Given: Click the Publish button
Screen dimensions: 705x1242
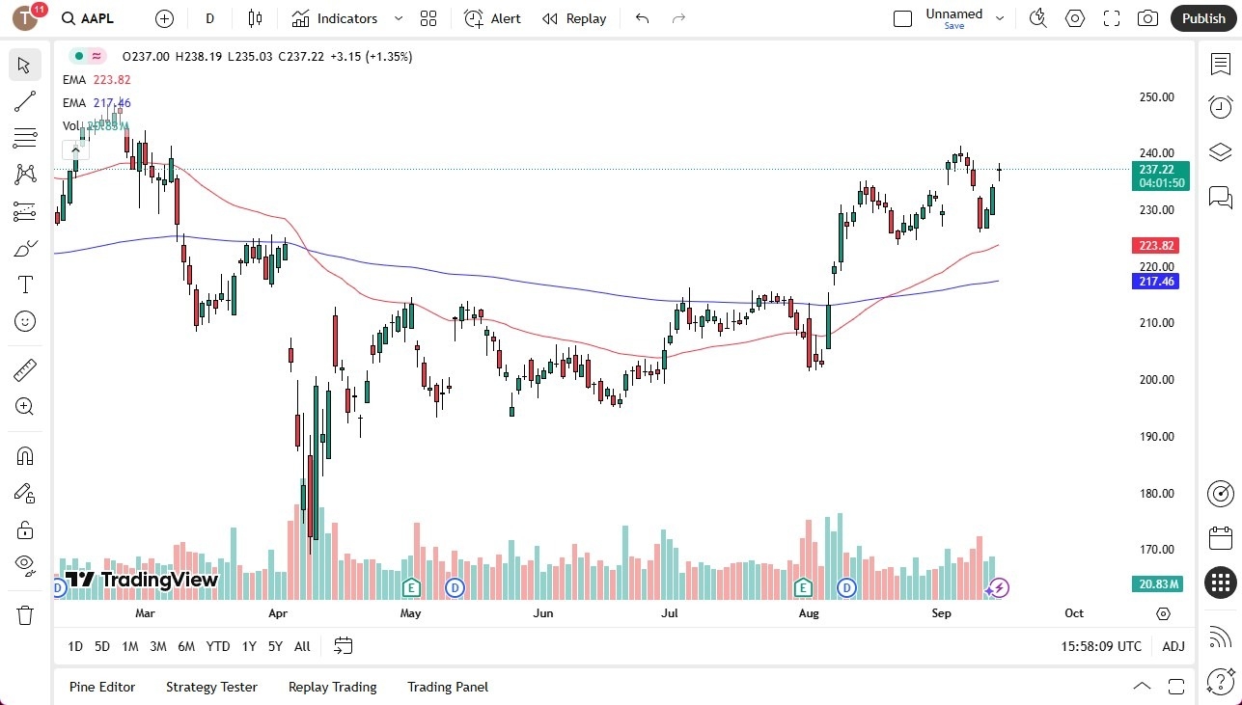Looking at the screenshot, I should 1202,18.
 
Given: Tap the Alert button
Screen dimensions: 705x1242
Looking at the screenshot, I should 492,18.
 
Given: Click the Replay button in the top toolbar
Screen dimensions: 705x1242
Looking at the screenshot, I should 574,18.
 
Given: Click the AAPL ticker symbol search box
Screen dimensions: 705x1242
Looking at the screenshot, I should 97,18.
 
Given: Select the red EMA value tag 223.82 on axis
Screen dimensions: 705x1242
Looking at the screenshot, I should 1157,246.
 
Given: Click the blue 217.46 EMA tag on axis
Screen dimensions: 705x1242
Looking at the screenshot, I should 1157,282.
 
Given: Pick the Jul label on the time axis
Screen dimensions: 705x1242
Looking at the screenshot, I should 668,613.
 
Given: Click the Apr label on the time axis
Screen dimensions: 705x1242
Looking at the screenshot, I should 278,613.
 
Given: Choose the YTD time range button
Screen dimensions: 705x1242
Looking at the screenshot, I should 218,646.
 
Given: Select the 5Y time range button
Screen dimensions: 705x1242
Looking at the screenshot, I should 275,646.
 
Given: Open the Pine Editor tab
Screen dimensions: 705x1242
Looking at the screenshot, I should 102,687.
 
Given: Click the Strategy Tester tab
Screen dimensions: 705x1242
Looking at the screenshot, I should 211,687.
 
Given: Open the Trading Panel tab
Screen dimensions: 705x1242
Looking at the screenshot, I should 448,687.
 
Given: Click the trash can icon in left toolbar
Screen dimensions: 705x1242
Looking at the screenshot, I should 25,614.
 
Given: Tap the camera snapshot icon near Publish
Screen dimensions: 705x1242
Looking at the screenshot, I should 1147,18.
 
